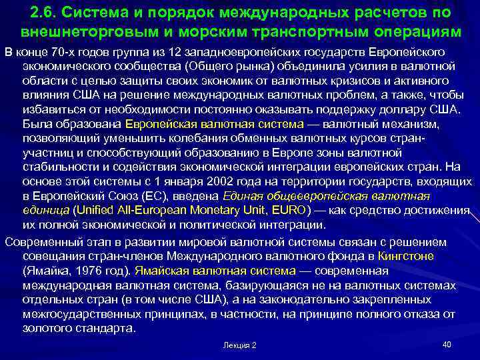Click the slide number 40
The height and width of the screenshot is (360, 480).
point(447,344)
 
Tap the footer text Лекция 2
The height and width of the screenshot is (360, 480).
point(239,345)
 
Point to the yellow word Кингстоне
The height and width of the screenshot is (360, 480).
point(405,256)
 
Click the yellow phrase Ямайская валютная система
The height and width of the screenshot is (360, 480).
point(215,271)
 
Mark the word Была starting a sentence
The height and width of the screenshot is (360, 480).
point(37,123)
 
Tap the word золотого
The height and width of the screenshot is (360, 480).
point(48,328)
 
